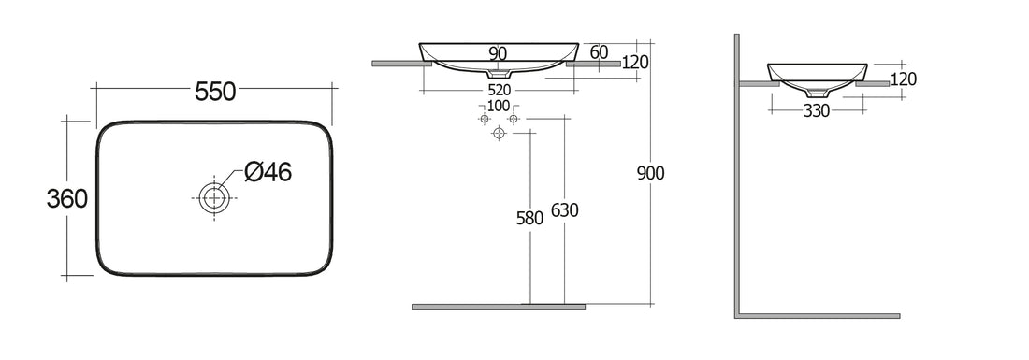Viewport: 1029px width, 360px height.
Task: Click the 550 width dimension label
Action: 214,91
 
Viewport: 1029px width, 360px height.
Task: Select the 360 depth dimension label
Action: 67,198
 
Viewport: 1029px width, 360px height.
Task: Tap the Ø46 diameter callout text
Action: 268,172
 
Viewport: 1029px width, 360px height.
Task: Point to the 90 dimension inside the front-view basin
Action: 498,54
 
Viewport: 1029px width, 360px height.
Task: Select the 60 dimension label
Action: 600,51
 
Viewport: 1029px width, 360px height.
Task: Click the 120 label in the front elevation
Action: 635,63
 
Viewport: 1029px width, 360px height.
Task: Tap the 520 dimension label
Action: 499,90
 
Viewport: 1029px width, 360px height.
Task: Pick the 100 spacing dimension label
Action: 499,106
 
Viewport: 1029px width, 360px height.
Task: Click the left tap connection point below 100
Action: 484,121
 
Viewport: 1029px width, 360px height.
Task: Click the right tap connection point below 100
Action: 514,121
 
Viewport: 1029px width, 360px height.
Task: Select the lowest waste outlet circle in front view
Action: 499,135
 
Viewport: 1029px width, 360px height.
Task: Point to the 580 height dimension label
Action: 529,218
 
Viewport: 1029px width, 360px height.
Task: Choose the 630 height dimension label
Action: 565,210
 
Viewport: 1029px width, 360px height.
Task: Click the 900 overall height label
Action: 649,173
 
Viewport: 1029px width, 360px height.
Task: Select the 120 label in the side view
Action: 903,80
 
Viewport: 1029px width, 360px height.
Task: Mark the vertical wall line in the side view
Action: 737,178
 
